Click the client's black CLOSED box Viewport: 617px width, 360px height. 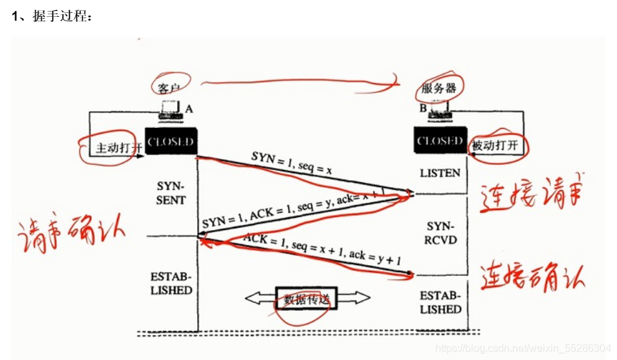point(170,142)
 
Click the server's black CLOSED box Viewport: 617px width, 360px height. point(439,141)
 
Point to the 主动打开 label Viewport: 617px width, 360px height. point(118,147)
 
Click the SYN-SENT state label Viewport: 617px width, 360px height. point(171,193)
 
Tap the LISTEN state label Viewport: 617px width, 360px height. point(440,173)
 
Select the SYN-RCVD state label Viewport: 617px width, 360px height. point(442,233)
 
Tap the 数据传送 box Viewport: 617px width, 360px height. point(307,299)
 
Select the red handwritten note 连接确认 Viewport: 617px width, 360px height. point(532,277)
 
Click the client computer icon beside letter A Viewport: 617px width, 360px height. point(169,110)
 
